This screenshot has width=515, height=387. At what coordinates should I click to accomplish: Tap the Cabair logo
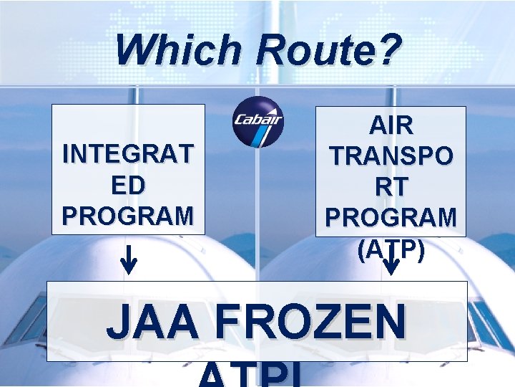click(258, 122)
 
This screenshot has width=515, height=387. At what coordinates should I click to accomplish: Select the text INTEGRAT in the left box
click(128, 154)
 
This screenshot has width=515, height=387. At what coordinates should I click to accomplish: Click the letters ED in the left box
click(128, 184)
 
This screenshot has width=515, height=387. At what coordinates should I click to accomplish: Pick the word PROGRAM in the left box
click(128, 214)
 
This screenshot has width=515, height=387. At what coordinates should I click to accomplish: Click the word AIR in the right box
click(391, 125)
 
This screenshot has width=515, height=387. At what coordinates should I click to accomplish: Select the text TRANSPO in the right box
click(391, 156)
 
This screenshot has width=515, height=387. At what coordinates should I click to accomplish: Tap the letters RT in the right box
click(391, 186)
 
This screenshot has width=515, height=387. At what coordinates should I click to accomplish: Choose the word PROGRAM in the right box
click(391, 217)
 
